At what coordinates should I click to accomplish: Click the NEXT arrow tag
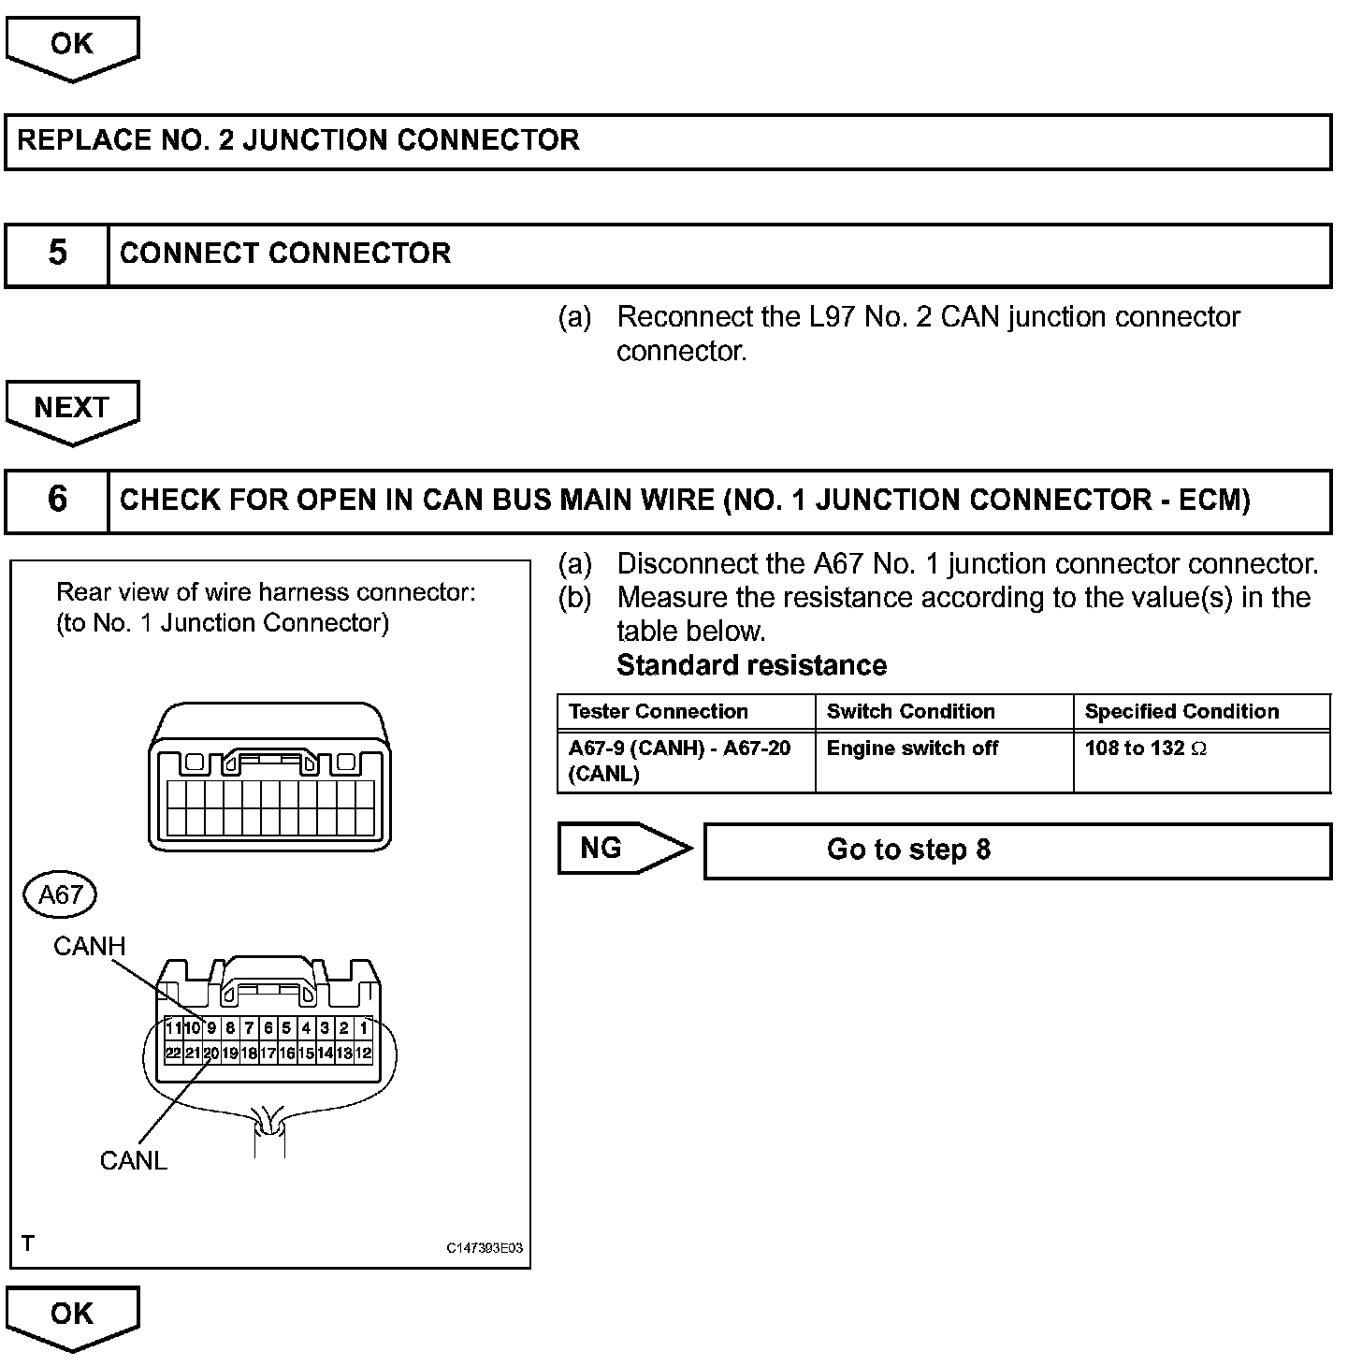[72, 409]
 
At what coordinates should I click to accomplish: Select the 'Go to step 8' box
[1017, 850]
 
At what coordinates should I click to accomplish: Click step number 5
[57, 254]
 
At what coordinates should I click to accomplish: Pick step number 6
[57, 501]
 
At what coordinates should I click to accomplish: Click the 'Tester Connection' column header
[659, 712]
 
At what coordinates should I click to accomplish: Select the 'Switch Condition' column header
[910, 712]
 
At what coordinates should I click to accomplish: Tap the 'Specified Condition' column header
[1181, 712]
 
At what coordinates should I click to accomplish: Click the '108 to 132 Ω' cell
[1145, 749]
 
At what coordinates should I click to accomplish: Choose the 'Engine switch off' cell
[912, 749]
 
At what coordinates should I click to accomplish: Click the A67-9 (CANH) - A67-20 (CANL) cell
[680, 761]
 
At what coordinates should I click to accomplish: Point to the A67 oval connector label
[61, 895]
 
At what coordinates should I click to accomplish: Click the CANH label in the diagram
[89, 946]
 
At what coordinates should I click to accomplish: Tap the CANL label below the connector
[133, 1161]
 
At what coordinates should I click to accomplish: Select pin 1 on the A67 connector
[363, 1027]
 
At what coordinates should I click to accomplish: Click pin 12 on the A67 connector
[363, 1053]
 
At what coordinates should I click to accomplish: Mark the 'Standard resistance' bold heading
[751, 665]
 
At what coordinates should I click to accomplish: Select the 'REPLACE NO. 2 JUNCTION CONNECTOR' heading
[299, 141]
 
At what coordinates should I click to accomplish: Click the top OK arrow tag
[72, 45]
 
